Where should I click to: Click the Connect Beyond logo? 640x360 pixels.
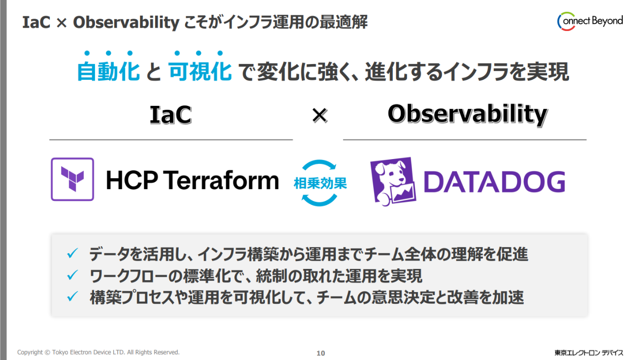590,21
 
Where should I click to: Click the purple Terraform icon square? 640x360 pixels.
72,179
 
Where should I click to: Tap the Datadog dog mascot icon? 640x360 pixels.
393,181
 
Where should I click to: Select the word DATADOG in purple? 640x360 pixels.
495,182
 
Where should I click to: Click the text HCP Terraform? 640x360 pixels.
192,180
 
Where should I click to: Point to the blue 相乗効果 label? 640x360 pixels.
320,183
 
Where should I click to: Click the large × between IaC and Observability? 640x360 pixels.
320,115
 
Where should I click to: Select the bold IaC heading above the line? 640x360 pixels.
170,115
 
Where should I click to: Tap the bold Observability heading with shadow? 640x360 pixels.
467,115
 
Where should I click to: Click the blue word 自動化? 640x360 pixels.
109,71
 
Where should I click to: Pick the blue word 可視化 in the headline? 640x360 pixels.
200,71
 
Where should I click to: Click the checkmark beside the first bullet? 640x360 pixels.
72,253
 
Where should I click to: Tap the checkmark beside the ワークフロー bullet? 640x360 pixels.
72,275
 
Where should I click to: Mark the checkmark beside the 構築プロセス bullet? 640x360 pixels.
72,296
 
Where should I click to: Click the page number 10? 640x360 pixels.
320,353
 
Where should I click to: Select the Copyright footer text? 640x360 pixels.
98,352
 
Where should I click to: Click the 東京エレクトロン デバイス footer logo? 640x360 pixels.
589,353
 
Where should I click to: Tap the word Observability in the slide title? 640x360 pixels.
126,22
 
